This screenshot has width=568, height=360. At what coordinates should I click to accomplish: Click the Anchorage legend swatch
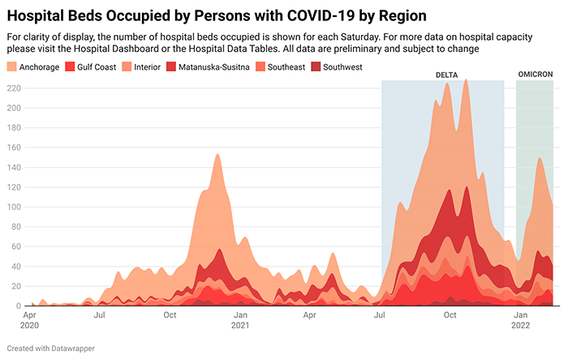(12, 66)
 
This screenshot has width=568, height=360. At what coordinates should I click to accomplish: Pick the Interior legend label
(146, 66)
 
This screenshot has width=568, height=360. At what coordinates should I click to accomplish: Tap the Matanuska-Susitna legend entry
(213, 66)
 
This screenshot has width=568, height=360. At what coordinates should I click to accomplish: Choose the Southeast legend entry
(286, 66)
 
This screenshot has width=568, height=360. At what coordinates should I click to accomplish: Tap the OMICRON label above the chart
(535, 75)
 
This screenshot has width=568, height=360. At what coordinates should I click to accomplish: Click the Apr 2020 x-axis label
(29, 319)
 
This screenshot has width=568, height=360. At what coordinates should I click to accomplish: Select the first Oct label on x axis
(170, 314)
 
